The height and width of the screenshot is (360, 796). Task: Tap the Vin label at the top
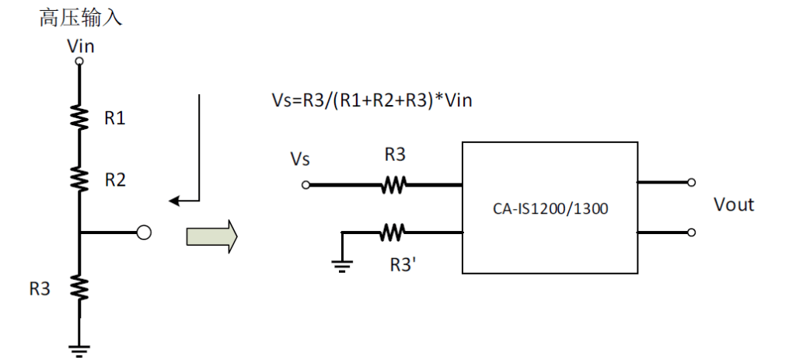(x=80, y=46)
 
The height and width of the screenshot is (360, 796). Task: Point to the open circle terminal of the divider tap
(x=143, y=232)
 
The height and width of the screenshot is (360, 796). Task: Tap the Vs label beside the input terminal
(x=300, y=159)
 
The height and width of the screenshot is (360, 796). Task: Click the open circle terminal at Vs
(x=306, y=185)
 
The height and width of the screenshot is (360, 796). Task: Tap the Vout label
(x=734, y=205)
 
